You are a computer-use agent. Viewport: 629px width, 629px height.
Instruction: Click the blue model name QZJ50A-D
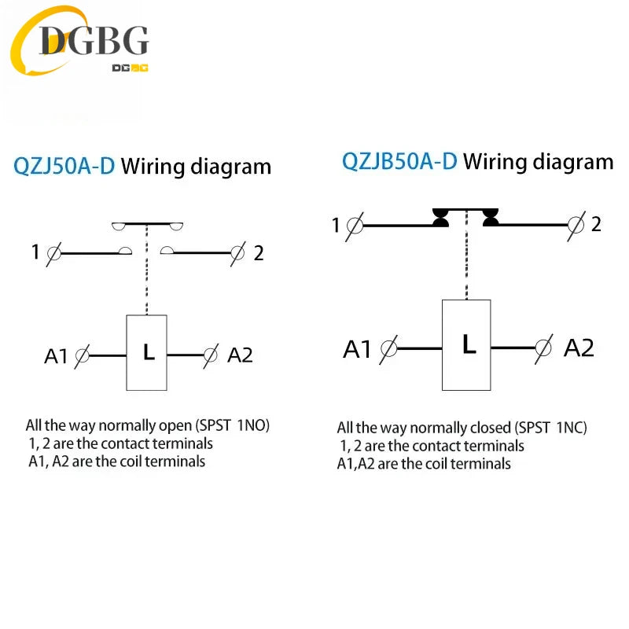pos(64,166)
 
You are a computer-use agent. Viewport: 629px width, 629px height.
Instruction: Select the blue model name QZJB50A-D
pos(399,161)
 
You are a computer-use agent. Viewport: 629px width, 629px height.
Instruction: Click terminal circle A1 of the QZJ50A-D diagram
pos(83,355)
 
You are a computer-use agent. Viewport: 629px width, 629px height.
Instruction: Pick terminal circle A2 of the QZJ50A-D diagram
pos(210,355)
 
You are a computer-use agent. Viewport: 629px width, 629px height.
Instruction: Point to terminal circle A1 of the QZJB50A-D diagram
pos(388,348)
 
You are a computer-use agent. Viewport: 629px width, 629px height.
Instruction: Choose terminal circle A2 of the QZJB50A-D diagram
pos(543,348)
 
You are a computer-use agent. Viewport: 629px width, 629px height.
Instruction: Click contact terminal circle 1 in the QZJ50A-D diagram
pos(54,253)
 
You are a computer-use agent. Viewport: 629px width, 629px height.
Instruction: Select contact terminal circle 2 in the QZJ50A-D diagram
pos(237,253)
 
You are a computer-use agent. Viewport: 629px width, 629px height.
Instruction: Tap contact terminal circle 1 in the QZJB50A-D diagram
pos(355,226)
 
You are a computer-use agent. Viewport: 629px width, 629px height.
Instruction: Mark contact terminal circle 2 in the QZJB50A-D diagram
pos(576,225)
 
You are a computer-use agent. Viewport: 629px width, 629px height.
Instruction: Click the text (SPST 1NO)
pos(232,425)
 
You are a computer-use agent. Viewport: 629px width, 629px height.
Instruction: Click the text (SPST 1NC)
pos(551,428)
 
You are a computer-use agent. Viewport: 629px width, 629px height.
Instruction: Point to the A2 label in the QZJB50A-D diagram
pos(579,348)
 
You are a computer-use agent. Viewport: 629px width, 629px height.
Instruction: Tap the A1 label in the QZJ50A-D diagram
pos(56,356)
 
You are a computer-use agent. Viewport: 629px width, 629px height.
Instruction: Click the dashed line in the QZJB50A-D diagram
pos(466,254)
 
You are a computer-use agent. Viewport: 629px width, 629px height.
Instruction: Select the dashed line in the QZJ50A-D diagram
pos(147,270)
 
